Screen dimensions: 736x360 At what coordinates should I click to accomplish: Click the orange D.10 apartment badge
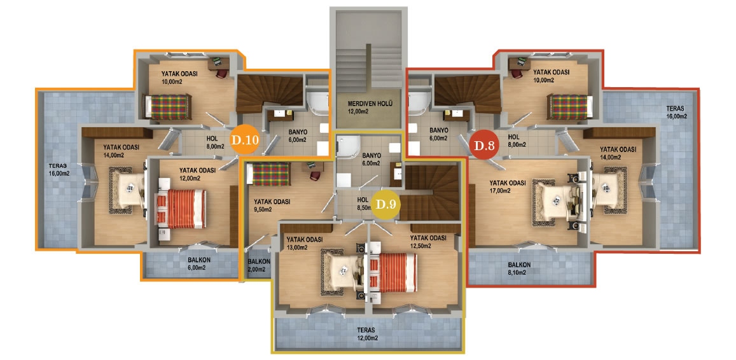click(x=244, y=140)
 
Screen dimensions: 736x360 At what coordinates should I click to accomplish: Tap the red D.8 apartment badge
click(x=484, y=146)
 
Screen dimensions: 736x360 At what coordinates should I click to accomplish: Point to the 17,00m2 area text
click(x=501, y=191)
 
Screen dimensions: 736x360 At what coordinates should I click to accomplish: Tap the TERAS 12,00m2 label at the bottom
click(x=368, y=334)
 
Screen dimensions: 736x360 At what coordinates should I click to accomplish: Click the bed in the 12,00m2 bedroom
click(x=181, y=209)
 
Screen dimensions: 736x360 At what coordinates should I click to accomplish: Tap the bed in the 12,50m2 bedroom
click(x=393, y=272)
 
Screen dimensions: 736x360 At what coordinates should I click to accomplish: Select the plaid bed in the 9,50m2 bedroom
click(x=269, y=174)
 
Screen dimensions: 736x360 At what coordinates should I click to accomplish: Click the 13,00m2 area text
click(x=296, y=247)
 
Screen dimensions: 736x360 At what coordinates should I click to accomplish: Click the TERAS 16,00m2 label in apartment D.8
click(x=676, y=112)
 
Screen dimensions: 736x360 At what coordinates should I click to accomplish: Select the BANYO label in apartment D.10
click(x=297, y=132)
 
